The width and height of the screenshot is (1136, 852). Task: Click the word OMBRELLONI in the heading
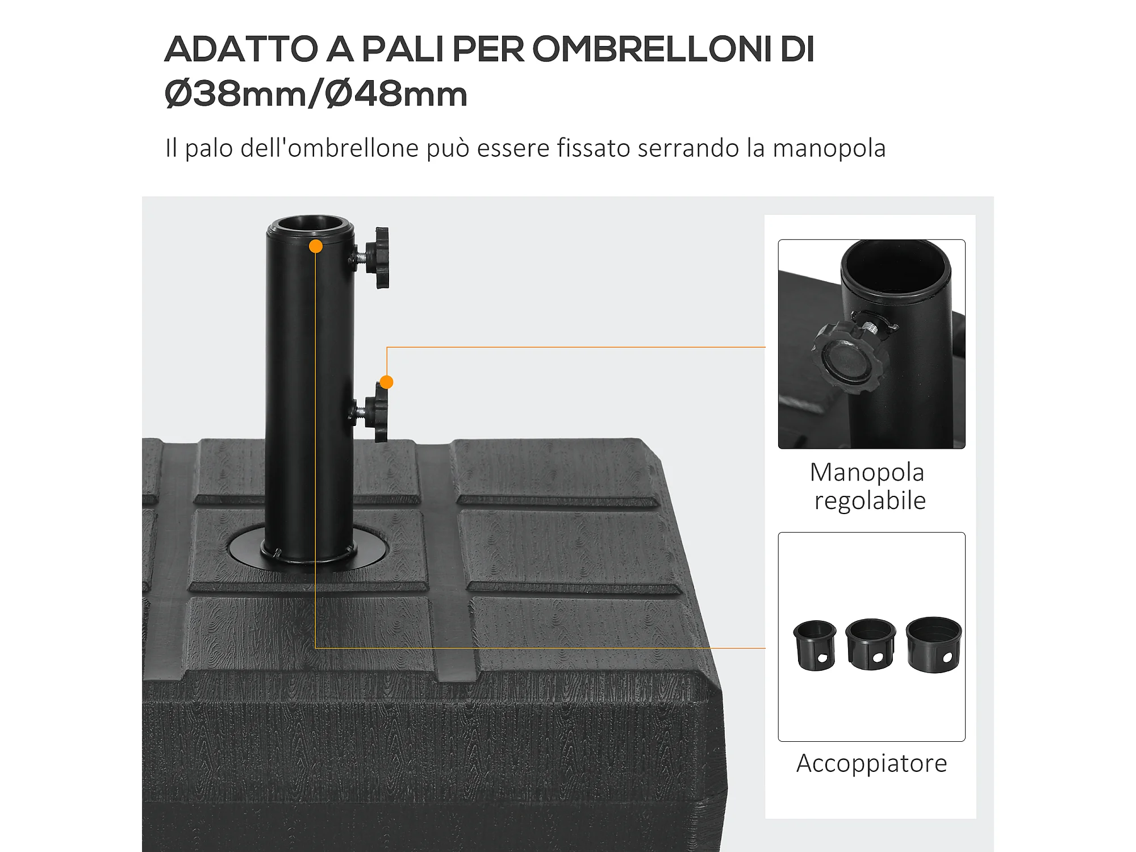click(x=651, y=49)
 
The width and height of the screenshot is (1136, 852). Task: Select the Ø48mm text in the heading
click(x=396, y=94)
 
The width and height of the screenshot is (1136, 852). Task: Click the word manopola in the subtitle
click(x=829, y=148)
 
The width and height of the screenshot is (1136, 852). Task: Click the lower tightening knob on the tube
click(x=376, y=411)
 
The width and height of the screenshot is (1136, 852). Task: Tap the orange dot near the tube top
click(x=316, y=246)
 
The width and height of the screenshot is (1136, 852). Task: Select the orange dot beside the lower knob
click(x=386, y=382)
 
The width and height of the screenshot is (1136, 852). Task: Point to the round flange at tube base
click(x=308, y=548)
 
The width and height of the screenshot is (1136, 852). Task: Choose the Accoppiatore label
click(x=871, y=763)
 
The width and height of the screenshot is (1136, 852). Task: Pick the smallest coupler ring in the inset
click(x=815, y=645)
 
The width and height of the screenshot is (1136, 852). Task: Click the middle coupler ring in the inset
click(x=870, y=644)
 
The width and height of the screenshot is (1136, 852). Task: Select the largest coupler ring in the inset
click(x=934, y=645)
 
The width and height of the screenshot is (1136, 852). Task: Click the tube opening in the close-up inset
click(x=896, y=267)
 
